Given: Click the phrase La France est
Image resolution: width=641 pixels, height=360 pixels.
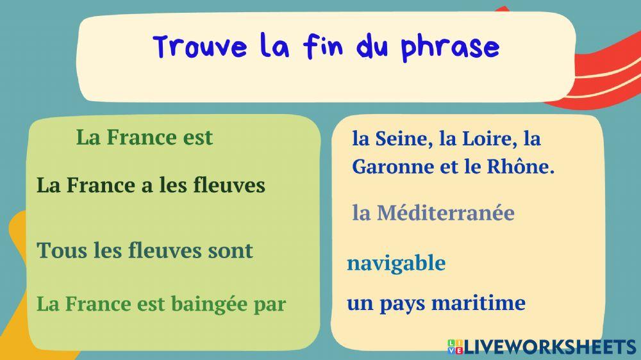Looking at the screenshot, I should click(x=144, y=137).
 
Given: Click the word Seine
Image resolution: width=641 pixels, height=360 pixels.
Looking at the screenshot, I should click(x=401, y=138).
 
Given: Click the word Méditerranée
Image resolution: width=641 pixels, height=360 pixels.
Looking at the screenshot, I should click(x=445, y=213).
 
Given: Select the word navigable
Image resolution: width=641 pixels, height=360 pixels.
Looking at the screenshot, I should click(x=396, y=263).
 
